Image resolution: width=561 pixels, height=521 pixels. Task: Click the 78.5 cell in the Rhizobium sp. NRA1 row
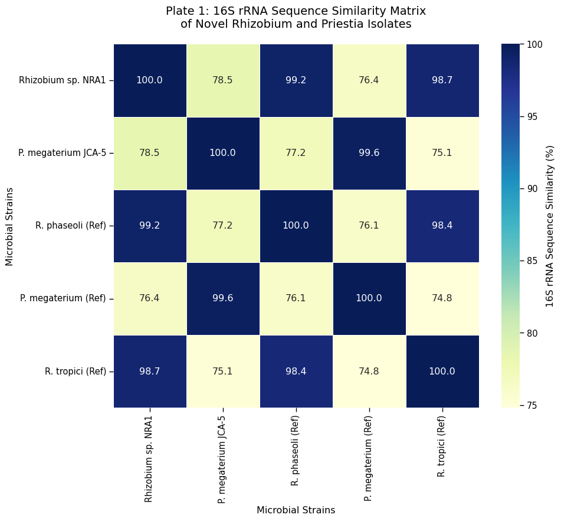pos(223,80)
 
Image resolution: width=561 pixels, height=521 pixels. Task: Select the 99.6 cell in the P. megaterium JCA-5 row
pos(369,153)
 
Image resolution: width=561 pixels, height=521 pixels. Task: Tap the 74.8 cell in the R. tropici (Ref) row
pos(369,371)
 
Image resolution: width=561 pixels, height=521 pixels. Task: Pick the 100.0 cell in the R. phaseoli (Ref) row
pos(296,226)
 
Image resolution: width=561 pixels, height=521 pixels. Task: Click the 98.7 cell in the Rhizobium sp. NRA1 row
pos(442,80)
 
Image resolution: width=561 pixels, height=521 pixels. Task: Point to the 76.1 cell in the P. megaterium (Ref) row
pos(296,298)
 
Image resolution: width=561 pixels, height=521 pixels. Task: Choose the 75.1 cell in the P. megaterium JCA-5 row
pos(442,153)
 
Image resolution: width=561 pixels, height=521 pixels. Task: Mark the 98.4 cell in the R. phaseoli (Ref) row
pos(442,226)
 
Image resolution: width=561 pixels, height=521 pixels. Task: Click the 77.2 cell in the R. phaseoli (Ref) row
pos(223,226)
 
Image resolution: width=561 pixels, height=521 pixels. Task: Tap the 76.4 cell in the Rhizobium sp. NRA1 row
pos(369,80)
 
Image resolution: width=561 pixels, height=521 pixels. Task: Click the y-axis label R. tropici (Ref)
pos(76,372)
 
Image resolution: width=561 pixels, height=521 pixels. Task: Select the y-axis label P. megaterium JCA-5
pos(63,153)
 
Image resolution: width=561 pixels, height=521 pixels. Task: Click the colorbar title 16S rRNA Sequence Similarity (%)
pos(550,226)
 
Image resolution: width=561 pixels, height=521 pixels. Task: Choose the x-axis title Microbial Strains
pos(296,510)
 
